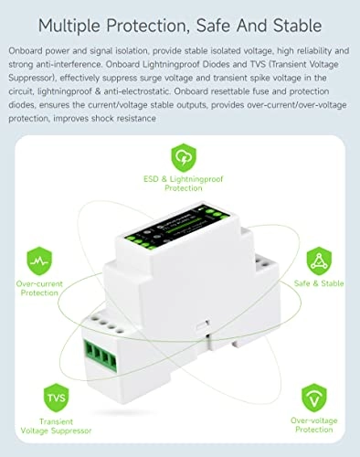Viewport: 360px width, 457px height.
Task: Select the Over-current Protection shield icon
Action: [x=38, y=260]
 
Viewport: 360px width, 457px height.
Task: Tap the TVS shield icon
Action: [x=54, y=399]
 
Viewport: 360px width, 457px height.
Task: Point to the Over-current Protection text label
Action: [x=38, y=290]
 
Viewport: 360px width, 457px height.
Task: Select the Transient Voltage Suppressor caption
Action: [x=54, y=429]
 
